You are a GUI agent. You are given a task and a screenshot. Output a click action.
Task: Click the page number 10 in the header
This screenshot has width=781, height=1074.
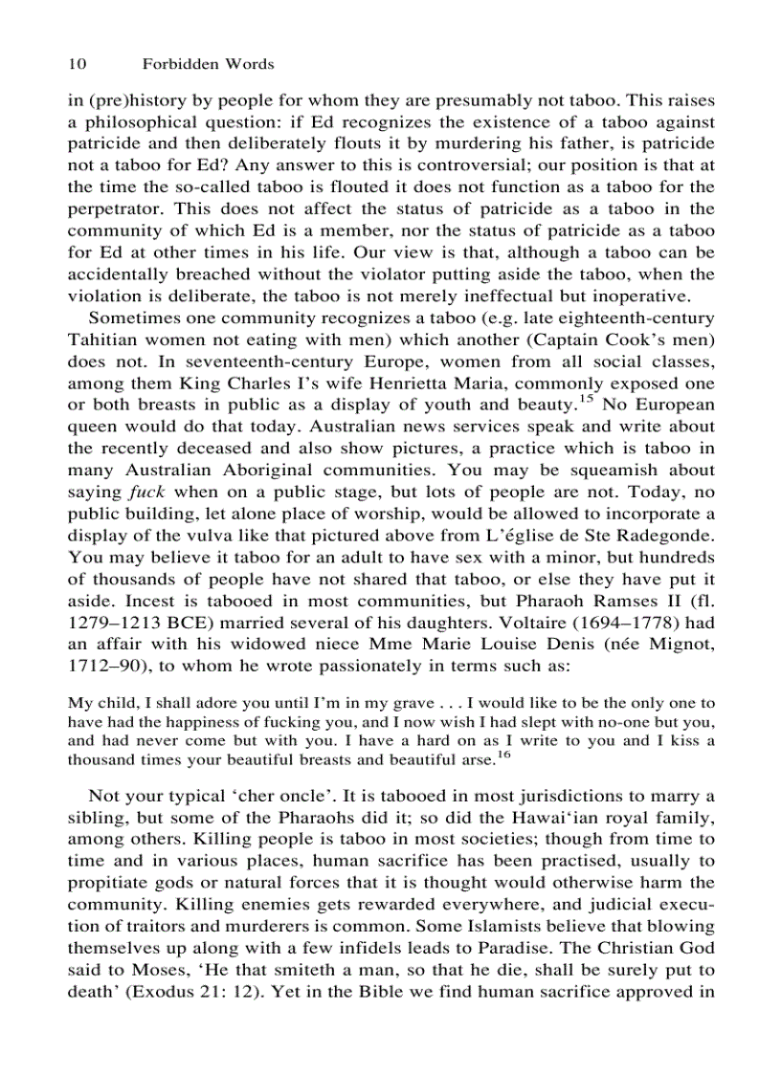click(x=78, y=64)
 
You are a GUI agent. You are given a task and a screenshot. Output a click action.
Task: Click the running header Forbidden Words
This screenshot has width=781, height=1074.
click(x=208, y=64)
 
